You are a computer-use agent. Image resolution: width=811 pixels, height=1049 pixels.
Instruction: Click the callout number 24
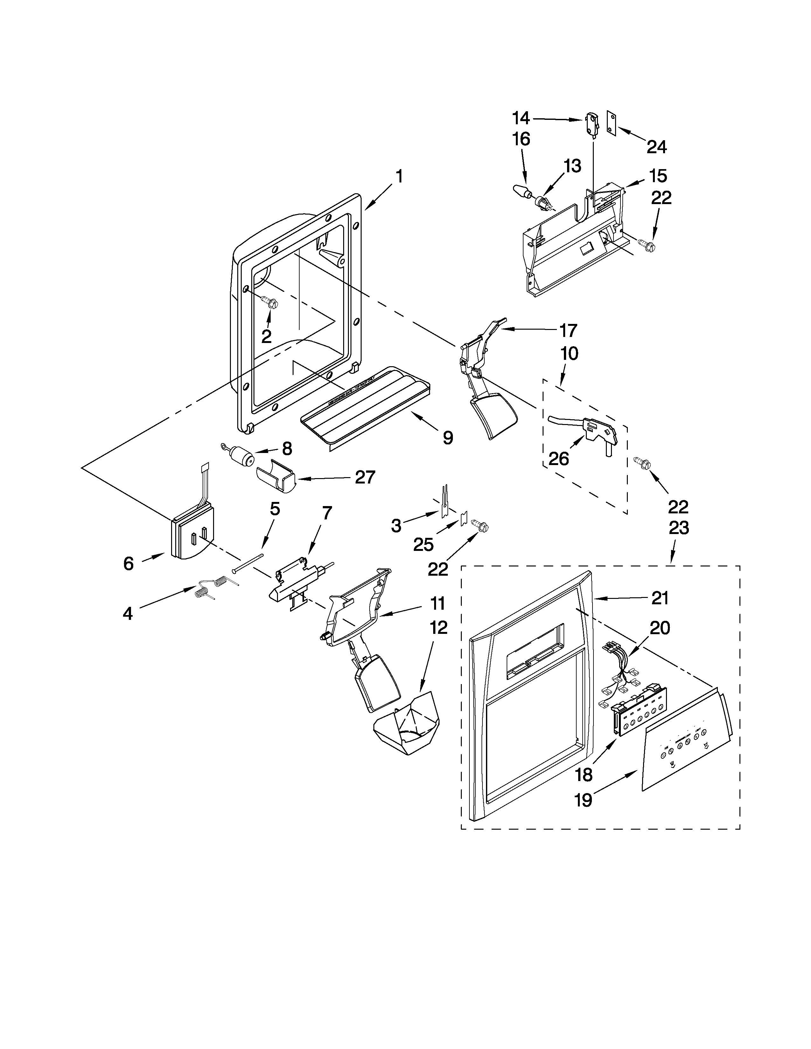click(656, 147)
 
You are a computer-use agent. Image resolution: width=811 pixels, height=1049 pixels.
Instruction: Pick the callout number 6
click(128, 563)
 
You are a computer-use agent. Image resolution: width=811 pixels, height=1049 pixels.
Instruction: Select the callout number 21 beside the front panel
click(660, 598)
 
